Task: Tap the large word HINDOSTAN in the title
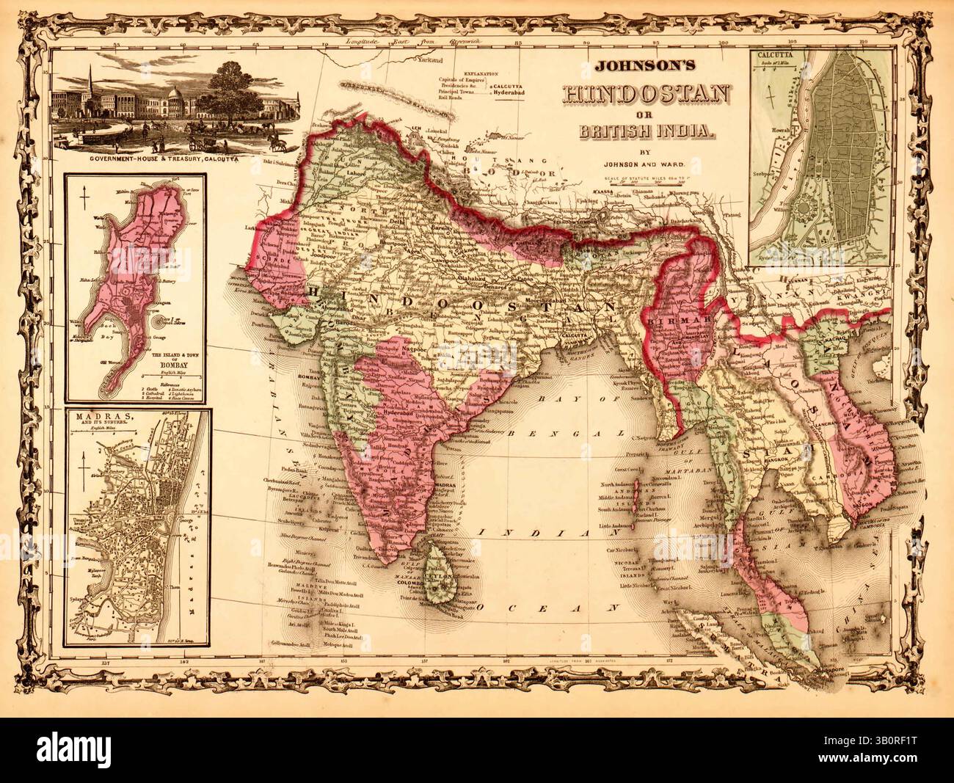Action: [x=644, y=95]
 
